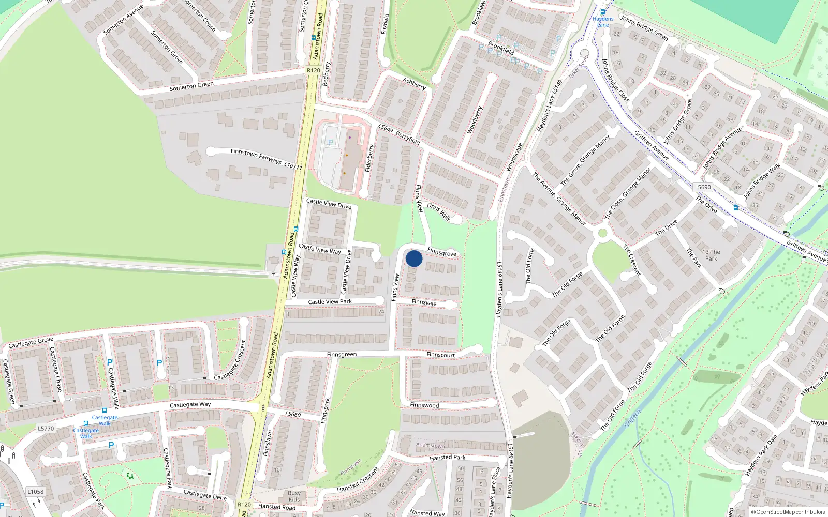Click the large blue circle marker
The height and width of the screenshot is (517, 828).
(x=414, y=258)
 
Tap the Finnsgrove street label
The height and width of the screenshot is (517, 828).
(x=442, y=252)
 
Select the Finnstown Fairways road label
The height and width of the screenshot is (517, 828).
(x=256, y=155)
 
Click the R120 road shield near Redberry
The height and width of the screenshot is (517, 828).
(x=314, y=70)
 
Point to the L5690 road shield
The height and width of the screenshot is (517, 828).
(x=703, y=187)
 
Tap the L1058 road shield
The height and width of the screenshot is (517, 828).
(x=36, y=492)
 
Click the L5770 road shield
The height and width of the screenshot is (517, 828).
(x=46, y=428)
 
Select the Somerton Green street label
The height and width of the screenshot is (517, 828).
(x=191, y=86)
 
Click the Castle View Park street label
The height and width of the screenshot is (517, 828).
(x=330, y=302)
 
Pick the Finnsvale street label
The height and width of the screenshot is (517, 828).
(x=424, y=302)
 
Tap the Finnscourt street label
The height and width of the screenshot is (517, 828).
(x=440, y=355)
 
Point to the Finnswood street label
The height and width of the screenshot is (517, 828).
(x=424, y=405)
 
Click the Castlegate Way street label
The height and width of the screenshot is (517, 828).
(x=190, y=405)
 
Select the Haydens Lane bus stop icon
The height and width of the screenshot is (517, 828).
(x=603, y=12)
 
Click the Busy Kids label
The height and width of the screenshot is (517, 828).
(x=294, y=496)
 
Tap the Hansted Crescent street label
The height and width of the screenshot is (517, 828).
(x=358, y=480)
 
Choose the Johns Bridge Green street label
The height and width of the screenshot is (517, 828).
(x=644, y=28)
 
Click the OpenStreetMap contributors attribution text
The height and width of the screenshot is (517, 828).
(x=788, y=512)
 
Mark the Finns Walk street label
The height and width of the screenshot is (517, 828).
(x=439, y=212)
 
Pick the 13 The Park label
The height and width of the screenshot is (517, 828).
(x=711, y=255)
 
